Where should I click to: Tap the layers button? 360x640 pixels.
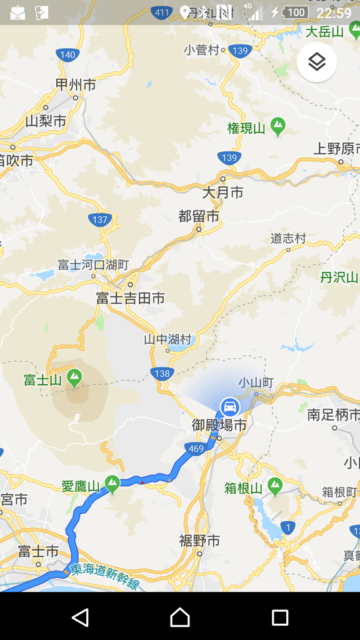(x=317, y=62)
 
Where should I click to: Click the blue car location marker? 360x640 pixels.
(x=230, y=407)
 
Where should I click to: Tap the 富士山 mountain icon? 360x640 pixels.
(x=75, y=377)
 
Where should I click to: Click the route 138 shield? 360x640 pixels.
(x=162, y=373)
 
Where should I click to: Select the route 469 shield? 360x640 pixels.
(x=195, y=448)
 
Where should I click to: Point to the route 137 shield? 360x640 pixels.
(x=100, y=219)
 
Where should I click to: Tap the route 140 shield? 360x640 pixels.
(x=67, y=54)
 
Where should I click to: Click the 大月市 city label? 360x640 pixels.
(x=222, y=192)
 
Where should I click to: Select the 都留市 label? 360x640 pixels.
(x=199, y=216)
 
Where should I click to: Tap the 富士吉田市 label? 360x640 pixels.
(x=130, y=299)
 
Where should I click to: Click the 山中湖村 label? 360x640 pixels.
(x=167, y=339)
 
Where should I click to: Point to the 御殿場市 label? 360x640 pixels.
(x=219, y=425)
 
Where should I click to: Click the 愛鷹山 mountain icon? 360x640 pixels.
(x=112, y=482)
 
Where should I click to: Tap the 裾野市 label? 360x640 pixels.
(x=199, y=541)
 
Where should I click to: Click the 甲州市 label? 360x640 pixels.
(x=76, y=85)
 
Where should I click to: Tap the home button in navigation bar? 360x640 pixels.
(x=180, y=617)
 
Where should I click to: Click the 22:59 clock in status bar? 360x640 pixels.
(x=334, y=12)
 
